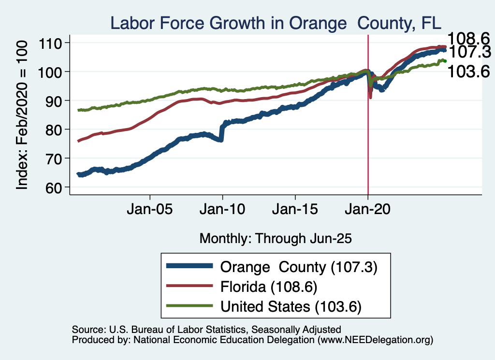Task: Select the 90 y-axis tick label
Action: (x=55, y=101)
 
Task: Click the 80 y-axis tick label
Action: (x=55, y=130)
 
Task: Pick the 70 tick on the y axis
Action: (x=55, y=158)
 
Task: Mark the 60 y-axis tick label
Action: (x=55, y=187)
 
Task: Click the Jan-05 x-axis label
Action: (x=150, y=211)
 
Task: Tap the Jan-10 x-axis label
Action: (x=222, y=211)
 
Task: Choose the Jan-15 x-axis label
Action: (x=295, y=211)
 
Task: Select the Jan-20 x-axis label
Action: (x=368, y=211)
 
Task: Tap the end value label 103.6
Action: (x=469, y=72)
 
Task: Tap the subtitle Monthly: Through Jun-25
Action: (x=275, y=238)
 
